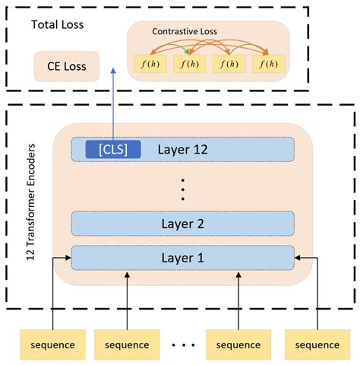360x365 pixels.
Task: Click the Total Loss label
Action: click(x=57, y=25)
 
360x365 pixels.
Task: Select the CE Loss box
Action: click(x=66, y=67)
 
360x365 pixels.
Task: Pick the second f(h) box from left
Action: click(x=189, y=64)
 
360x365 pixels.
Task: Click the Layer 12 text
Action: click(x=183, y=149)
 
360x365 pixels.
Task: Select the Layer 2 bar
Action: click(x=182, y=224)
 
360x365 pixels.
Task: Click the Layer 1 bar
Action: click(x=182, y=258)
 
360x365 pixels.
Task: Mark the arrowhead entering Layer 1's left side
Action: click(x=67, y=258)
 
